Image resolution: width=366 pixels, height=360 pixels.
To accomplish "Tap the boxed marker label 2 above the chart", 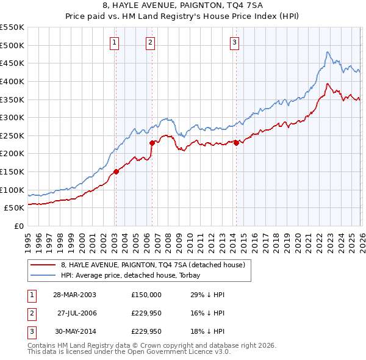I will (x=150, y=42).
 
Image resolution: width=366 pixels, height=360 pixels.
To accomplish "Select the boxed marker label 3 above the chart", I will (x=235, y=42).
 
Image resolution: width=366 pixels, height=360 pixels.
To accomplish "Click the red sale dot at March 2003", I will (x=116, y=171).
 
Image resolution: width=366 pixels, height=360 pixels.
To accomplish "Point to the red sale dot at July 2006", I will (x=152, y=143).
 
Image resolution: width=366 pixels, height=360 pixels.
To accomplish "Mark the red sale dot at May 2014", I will (x=236, y=143).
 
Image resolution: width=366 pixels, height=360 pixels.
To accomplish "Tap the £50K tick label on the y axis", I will (x=15, y=208).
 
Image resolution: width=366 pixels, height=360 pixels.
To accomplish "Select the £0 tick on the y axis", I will (x=20, y=226).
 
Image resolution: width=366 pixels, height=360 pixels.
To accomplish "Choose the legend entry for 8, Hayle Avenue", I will (x=152, y=265).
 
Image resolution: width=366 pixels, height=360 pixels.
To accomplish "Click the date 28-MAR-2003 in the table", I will (x=74, y=294).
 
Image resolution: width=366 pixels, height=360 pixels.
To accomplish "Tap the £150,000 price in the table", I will (x=146, y=294).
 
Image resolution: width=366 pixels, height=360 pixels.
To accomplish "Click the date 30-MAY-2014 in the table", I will (x=74, y=332).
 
